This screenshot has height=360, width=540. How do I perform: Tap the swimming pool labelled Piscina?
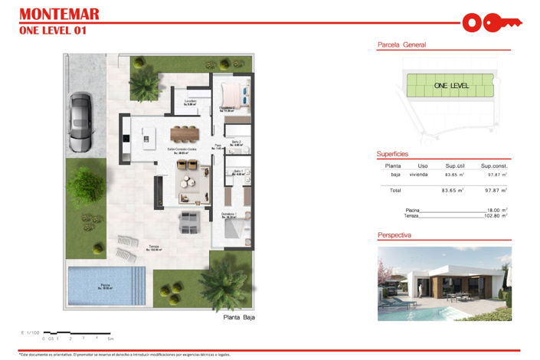[103, 286]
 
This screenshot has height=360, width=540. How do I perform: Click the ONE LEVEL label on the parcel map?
[450, 86]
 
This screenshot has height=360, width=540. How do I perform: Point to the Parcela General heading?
[401, 45]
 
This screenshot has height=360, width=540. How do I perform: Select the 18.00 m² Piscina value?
[497, 209]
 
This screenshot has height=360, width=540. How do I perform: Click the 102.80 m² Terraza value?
[496, 216]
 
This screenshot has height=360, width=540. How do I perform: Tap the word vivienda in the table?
[418, 175]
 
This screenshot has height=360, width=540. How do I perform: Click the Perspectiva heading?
[395, 235]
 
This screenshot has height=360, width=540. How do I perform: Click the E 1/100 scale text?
[31, 332]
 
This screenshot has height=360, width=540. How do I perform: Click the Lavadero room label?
[190, 102]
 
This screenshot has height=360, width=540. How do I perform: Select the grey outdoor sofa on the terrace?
[189, 223]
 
